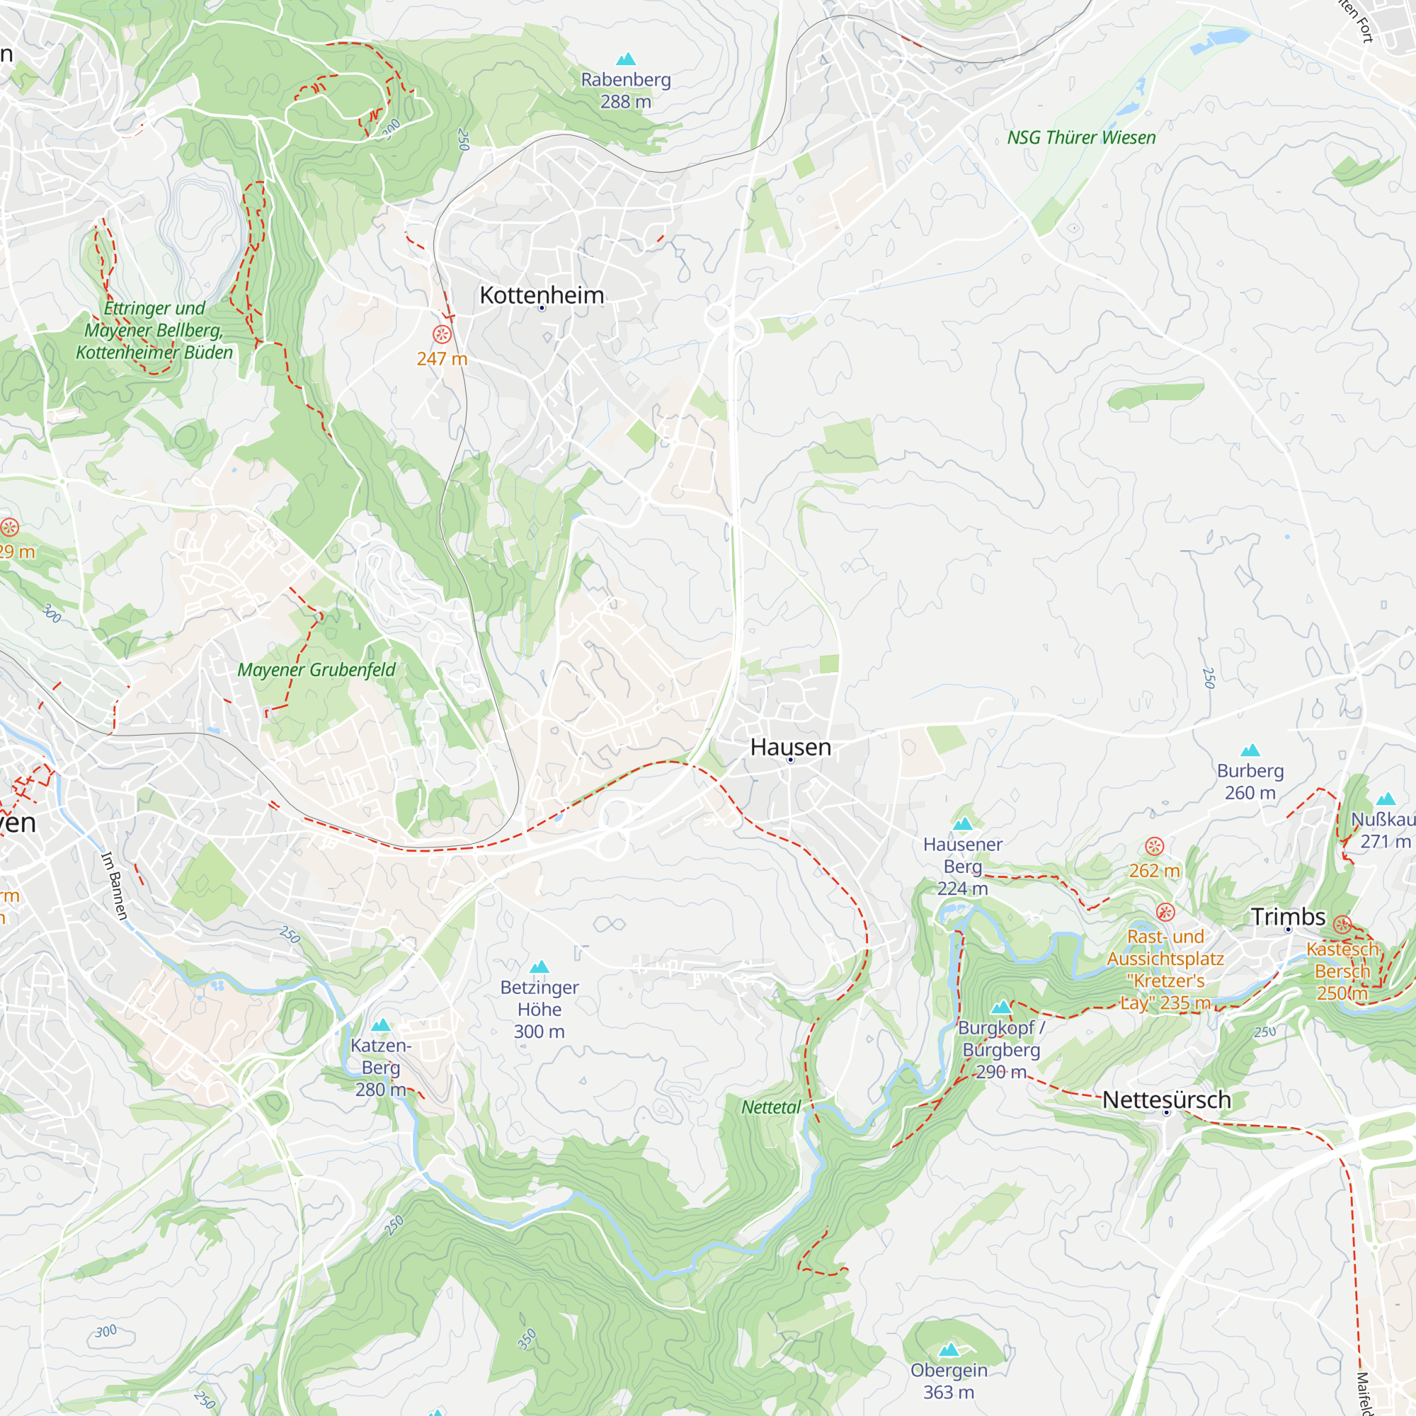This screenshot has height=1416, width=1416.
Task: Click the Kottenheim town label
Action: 542,295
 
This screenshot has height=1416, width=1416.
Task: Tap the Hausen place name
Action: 790,747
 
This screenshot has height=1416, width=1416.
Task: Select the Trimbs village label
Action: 1288,916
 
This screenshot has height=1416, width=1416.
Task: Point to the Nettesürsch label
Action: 1166,1100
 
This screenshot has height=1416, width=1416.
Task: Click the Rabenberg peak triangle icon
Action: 625,59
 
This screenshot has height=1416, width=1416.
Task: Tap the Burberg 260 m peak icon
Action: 1250,750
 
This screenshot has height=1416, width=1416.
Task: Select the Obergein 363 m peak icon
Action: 949,1349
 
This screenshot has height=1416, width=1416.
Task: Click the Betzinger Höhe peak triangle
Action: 539,966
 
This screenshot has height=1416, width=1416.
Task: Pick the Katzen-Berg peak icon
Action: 380,1025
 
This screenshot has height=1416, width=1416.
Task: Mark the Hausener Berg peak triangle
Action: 962,824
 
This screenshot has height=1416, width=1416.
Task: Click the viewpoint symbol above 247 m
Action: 442,335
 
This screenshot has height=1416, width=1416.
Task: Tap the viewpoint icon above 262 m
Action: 1154,847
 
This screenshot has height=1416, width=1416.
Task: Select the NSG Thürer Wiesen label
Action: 1081,138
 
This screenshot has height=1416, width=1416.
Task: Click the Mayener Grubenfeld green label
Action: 316,670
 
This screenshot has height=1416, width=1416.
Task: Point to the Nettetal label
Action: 770,1107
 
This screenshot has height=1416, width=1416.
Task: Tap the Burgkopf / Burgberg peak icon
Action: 1000,1007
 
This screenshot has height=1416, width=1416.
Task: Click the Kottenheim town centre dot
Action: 542,309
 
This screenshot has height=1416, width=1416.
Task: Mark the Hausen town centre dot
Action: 790,760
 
